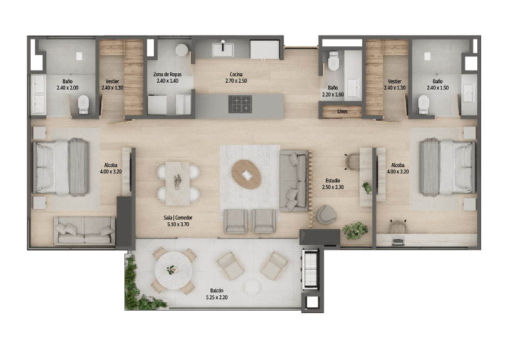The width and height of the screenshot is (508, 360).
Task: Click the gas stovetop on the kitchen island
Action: pos(240,104)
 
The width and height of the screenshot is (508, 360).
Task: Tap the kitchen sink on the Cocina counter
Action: pos(223,50)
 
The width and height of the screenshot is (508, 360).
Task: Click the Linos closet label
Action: pos(342,111)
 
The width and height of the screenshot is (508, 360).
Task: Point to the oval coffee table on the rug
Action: pos(246,175)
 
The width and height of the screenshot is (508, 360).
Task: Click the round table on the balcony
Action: pos(173,270)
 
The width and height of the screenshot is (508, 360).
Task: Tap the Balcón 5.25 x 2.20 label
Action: pos(216,294)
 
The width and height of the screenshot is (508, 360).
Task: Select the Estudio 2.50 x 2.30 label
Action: pos(333,183)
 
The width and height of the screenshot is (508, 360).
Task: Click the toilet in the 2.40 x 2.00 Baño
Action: pos(83,105)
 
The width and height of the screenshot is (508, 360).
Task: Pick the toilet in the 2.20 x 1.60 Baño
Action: pos(333,61)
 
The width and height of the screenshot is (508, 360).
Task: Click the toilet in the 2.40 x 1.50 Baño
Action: pos(424,105)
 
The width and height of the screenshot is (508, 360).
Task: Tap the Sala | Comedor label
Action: pos(178,218)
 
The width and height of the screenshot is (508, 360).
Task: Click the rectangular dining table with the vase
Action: pos(178,183)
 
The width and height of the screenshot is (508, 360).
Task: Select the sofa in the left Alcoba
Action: pos(84,230)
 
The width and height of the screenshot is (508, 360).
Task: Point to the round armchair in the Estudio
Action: pos(327,215)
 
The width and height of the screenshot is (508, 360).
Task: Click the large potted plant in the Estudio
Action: pos(355,230)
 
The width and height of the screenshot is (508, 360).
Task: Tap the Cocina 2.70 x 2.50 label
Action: pos(236,78)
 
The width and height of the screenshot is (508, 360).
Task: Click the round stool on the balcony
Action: pos(251,287)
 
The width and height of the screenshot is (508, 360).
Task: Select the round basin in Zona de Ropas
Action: pos(182,50)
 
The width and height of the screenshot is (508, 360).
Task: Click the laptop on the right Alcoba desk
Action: pos(398,241)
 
